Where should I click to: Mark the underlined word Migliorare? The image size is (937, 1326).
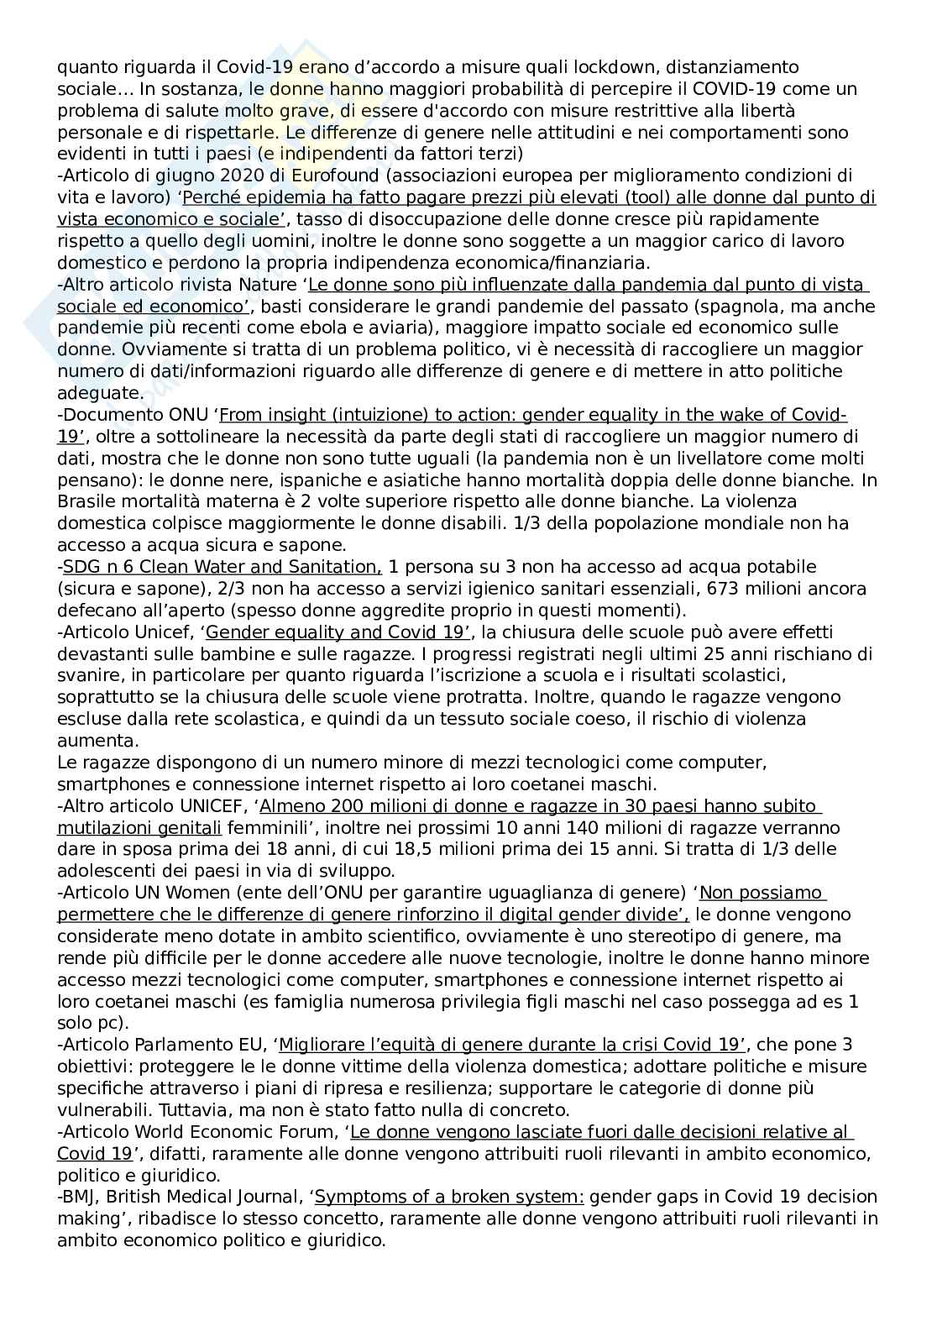[x=319, y=1045]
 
